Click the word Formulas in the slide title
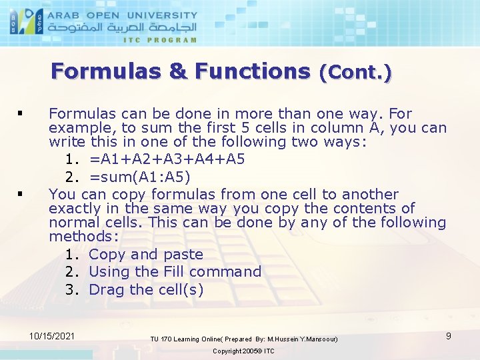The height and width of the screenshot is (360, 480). pyautogui.click(x=107, y=71)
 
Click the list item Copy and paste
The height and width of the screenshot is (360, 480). pyautogui.click(x=145, y=254)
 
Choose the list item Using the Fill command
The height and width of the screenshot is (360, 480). pyautogui.click(x=175, y=271)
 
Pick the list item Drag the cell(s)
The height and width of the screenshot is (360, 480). pyautogui.click(x=146, y=289)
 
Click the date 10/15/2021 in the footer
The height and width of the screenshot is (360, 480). pyautogui.click(x=53, y=335)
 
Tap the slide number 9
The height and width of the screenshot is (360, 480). pyautogui.click(x=449, y=336)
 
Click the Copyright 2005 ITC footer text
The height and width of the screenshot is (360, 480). pyautogui.click(x=243, y=351)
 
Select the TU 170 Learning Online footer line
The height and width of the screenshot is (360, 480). pyautogui.click(x=244, y=339)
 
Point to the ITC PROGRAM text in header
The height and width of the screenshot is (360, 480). pyautogui.click(x=160, y=39)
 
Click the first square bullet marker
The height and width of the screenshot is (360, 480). pyautogui.click(x=23, y=114)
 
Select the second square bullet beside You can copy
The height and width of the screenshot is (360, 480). pyautogui.click(x=23, y=195)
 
